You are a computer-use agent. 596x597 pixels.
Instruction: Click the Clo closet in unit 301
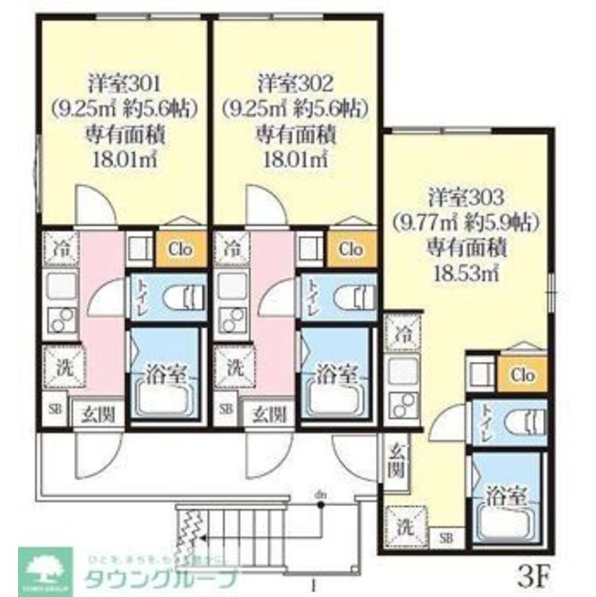click(x=181, y=250)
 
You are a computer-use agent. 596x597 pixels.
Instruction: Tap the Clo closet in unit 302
click(x=351, y=250)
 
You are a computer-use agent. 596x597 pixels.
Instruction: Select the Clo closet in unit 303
click(x=523, y=375)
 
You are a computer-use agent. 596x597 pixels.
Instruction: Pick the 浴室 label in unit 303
click(x=505, y=495)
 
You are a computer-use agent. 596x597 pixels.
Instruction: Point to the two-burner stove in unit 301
click(x=60, y=321)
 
